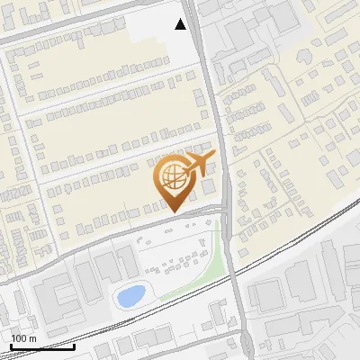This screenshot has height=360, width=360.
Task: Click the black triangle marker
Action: pyautogui.click(x=181, y=23)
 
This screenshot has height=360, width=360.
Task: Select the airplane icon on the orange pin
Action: pyautogui.click(x=197, y=165)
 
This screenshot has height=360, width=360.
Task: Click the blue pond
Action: pyautogui.click(x=130, y=295)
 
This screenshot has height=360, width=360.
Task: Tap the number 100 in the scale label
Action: pyautogui.click(x=19, y=338)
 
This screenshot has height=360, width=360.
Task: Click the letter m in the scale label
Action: pyautogui.click(x=32, y=338)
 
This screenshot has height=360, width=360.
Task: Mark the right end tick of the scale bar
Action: pyautogui.click(x=75, y=346)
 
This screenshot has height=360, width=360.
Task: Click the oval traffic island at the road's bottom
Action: pyautogui.click(x=245, y=343)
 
